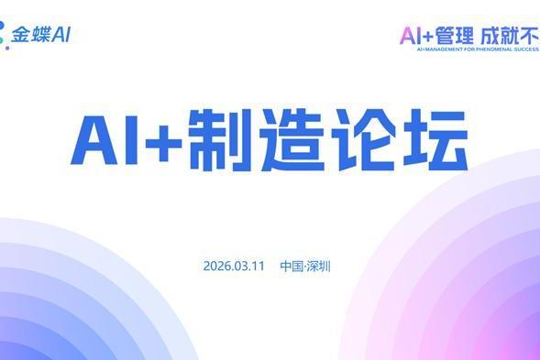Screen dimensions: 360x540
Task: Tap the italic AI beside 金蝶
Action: coord(61,36)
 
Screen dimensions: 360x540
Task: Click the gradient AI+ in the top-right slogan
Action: coord(417,37)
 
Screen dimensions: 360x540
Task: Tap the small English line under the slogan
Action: coord(468,50)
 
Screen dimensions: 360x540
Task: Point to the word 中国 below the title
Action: coord(292,267)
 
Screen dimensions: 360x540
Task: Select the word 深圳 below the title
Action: coord(320,267)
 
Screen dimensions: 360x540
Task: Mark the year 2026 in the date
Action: coord(216,267)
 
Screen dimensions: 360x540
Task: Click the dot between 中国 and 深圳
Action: coord(305,267)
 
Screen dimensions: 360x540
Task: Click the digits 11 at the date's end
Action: coord(259,267)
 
